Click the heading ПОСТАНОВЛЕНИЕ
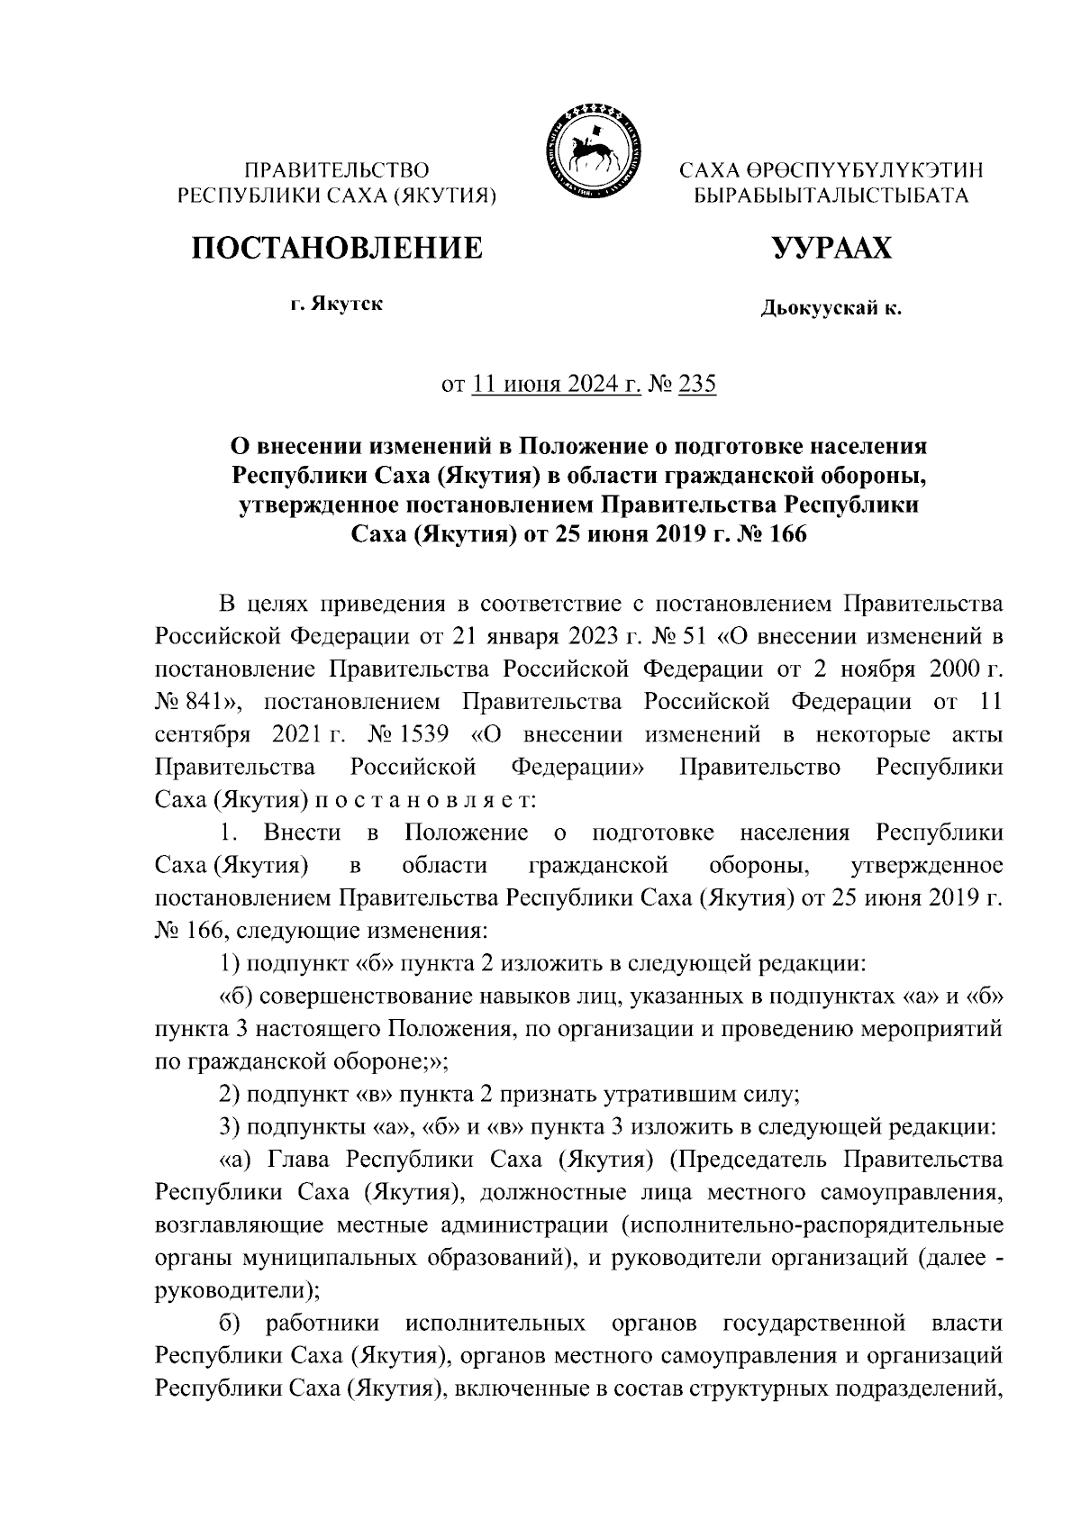pyautogui.click(x=336, y=247)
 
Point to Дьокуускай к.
pyautogui.click(x=831, y=309)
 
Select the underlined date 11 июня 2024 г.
pyautogui.click(x=557, y=386)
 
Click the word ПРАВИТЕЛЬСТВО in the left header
pyautogui.click(x=338, y=169)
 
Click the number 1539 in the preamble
pyautogui.click(x=422, y=734)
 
